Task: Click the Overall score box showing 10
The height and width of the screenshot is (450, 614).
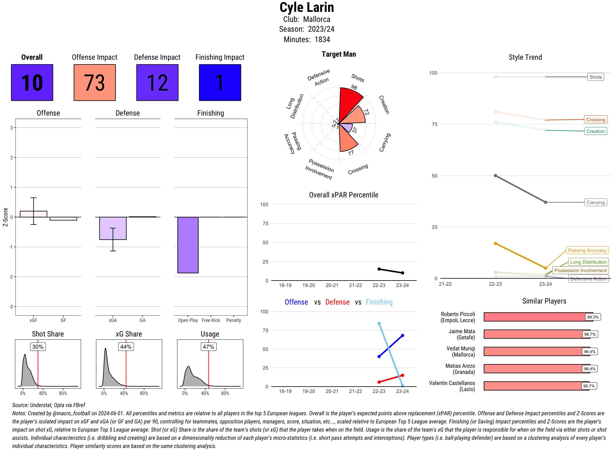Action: click(32, 83)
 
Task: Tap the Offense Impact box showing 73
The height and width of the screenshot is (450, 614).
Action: click(95, 83)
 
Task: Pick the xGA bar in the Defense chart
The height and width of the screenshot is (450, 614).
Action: click(113, 228)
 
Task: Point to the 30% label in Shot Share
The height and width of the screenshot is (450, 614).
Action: click(38, 347)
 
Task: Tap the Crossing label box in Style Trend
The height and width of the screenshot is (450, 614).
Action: click(595, 120)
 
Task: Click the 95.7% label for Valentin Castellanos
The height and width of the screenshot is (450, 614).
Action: click(589, 386)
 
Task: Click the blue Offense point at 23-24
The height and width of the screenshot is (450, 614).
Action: click(402, 336)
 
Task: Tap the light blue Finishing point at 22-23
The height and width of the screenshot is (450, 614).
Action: click(379, 324)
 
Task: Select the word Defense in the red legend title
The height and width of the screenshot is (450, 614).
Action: click(337, 302)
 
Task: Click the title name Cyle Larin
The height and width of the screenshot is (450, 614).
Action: click(307, 8)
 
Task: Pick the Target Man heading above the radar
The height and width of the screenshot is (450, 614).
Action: click(339, 54)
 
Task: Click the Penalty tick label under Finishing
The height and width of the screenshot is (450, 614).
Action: click(234, 320)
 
